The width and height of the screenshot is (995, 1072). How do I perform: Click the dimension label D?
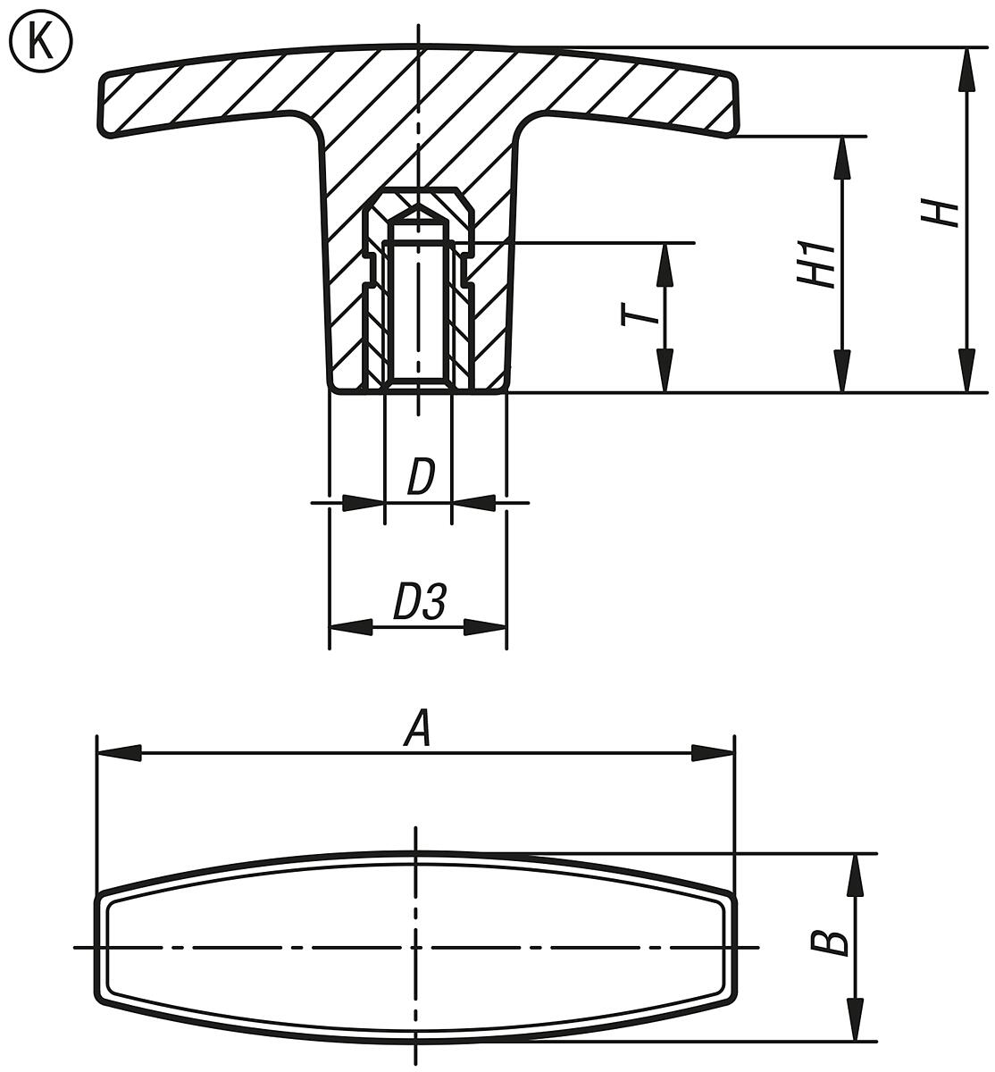[x=420, y=478]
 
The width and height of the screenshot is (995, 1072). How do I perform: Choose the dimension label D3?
[x=419, y=605]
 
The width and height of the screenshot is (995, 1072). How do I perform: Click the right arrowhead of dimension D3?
[x=486, y=628]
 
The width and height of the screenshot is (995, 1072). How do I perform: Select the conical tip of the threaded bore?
[x=417, y=213]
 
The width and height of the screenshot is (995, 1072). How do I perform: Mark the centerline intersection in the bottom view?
[x=416, y=947]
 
